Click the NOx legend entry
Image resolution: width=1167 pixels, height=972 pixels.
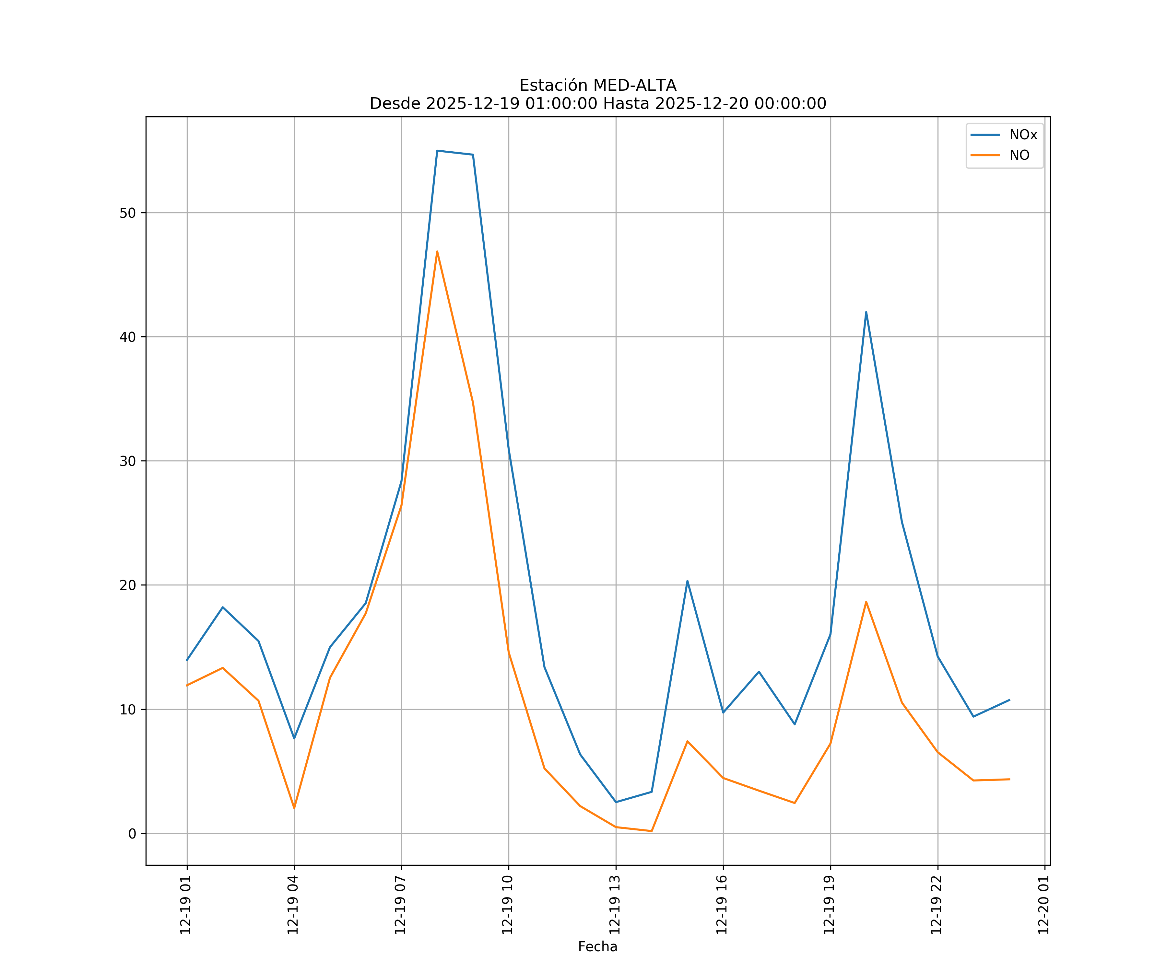coord(1022,135)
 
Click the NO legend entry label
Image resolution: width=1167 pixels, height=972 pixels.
coord(1019,156)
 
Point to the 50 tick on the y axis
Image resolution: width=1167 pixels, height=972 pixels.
coord(127,213)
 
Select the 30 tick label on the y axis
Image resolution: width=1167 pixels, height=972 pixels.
coord(127,461)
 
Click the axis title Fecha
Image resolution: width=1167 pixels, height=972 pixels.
coord(597,946)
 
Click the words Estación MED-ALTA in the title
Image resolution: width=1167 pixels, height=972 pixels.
coord(597,86)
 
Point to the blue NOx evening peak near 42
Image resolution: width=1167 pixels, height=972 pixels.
coord(866,312)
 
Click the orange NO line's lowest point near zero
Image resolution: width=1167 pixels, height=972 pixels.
coord(651,831)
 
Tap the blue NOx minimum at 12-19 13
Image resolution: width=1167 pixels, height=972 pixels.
coord(616,802)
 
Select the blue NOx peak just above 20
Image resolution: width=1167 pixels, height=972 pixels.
coord(688,581)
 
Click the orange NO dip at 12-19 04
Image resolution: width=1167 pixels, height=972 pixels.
coord(294,808)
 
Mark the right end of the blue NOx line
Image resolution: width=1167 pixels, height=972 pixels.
coord(1009,700)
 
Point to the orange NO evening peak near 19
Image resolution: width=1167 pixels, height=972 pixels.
coord(866,602)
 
